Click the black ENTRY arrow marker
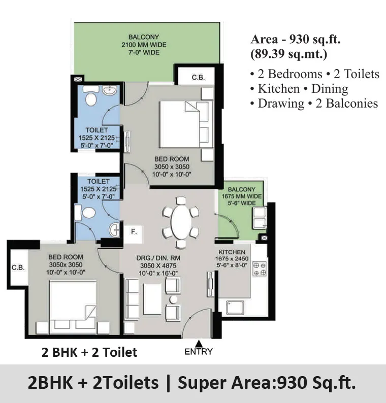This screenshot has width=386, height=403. (x=198, y=344)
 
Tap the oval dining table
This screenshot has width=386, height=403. (x=181, y=222)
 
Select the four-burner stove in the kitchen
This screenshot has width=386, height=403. (x=260, y=269)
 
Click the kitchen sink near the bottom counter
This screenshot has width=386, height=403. (x=235, y=308)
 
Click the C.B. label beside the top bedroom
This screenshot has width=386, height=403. (x=198, y=77)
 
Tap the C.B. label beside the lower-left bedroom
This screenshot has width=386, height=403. (x=18, y=267)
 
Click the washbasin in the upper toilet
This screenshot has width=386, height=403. (x=110, y=90)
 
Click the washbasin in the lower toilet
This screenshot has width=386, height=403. (x=114, y=229)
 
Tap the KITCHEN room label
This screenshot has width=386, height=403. (x=232, y=252)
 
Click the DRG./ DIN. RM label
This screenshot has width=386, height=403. (x=158, y=258)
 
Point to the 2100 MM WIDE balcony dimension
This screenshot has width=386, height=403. (x=144, y=45)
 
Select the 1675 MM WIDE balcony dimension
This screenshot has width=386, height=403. (x=242, y=196)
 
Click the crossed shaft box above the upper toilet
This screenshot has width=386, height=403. (x=78, y=79)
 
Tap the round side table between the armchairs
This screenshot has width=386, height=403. (x=173, y=299)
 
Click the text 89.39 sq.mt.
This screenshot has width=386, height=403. (x=289, y=54)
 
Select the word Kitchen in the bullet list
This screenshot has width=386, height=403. (x=279, y=89)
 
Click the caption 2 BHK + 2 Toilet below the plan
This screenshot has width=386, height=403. (x=89, y=352)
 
